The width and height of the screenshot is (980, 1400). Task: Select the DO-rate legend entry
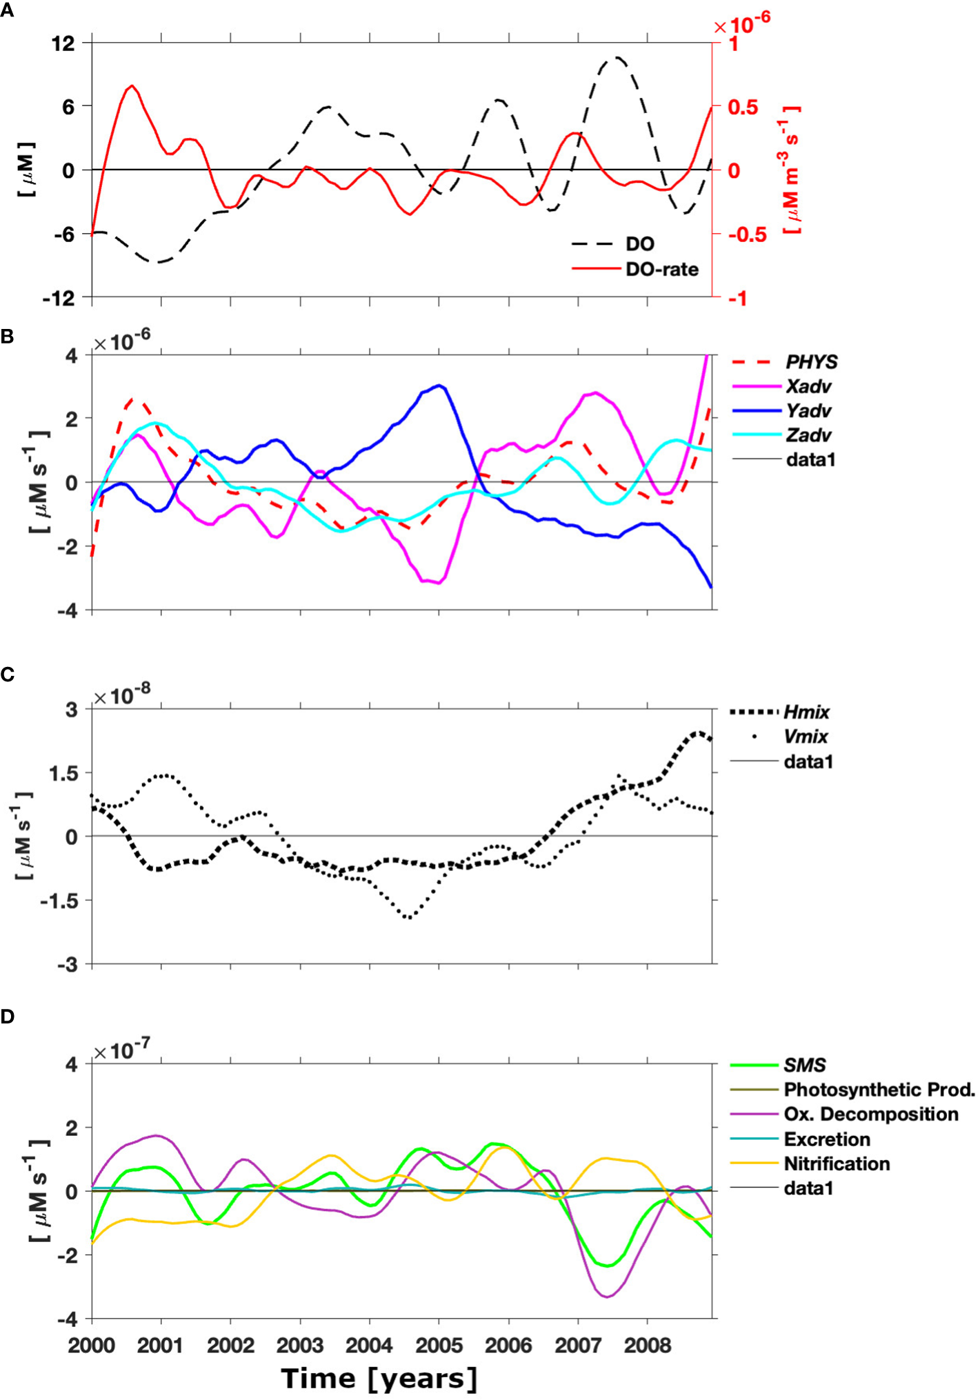[661, 270]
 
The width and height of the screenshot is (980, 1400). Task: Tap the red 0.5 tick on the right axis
[743, 107]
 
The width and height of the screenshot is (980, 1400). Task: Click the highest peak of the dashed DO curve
[616, 58]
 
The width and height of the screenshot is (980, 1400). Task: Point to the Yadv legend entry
[808, 411]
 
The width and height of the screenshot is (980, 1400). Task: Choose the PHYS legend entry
[811, 362]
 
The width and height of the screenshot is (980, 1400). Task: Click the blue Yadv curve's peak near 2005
[439, 386]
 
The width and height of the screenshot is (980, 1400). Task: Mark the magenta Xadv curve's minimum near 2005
[439, 583]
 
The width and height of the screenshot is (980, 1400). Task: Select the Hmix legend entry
[806, 712]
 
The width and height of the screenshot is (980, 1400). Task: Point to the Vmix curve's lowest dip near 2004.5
[409, 917]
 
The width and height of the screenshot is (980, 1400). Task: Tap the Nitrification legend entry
[837, 1164]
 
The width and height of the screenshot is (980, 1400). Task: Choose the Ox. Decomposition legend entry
[870, 1114]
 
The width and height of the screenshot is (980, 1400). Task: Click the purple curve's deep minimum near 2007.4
[607, 1297]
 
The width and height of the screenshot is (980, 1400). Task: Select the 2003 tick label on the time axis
[299, 1346]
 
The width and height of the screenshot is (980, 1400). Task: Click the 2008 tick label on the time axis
[647, 1346]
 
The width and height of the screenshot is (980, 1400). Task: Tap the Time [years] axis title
[379, 1379]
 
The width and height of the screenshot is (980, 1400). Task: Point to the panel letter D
[7, 1017]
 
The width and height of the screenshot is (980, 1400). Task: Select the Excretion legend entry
[826, 1139]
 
